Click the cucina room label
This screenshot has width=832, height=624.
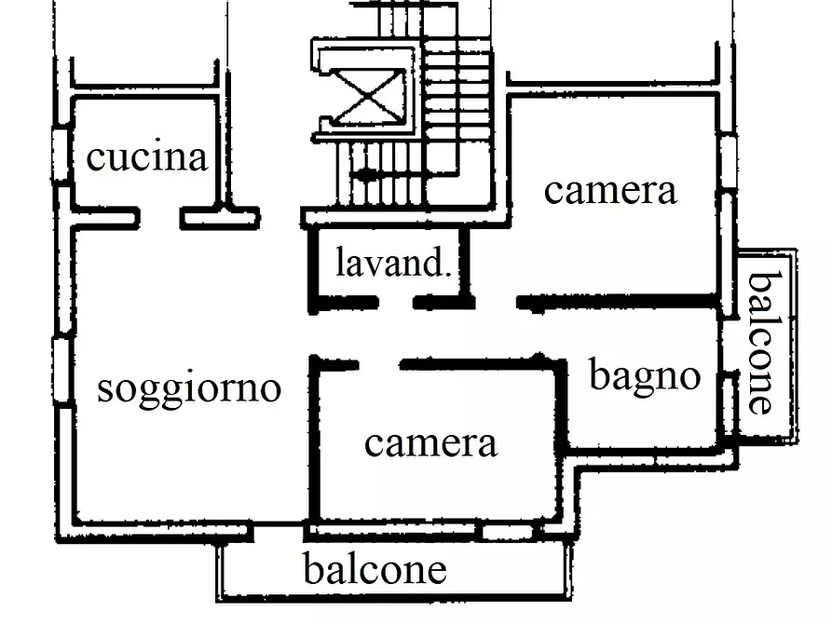[x=146, y=157]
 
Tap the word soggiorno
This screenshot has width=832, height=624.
[x=189, y=387]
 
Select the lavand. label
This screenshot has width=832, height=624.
[x=393, y=264]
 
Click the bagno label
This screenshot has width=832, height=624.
[x=645, y=375]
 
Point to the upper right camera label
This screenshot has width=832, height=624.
[x=610, y=190]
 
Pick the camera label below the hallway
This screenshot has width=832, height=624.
[x=430, y=442]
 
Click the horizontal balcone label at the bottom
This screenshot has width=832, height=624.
[x=375, y=568]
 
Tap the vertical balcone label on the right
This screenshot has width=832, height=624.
[x=761, y=342]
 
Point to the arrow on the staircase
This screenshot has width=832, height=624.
[x=368, y=174]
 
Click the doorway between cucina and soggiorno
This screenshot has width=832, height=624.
[x=160, y=219]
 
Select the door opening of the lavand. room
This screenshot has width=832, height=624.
[x=395, y=303]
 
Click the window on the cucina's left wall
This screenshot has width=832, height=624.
[x=61, y=156]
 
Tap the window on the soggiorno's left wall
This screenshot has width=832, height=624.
[x=61, y=371]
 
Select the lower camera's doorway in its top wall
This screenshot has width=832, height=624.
[x=378, y=364]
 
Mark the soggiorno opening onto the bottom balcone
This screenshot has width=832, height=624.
[x=279, y=532]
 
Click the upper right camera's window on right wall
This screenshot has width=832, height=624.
[x=728, y=163]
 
